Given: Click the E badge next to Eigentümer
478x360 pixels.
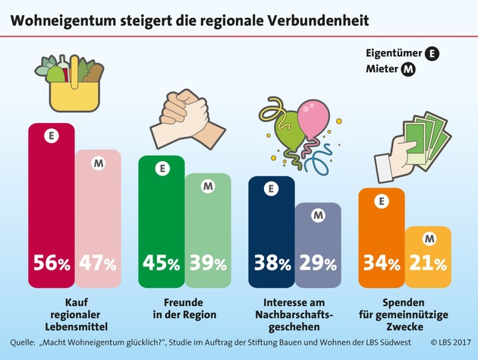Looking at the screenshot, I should (432, 53).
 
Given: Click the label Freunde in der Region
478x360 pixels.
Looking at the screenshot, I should (183, 308).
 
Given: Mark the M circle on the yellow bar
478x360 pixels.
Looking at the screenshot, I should (429, 240).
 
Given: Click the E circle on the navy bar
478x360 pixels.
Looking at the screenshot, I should (272, 190).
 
